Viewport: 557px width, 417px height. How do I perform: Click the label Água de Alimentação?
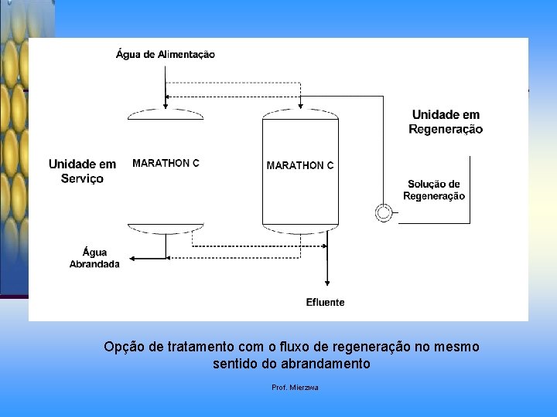coord(165,54)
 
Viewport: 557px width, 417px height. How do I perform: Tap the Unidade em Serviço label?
coord(82,171)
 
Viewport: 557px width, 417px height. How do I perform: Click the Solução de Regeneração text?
coord(433,190)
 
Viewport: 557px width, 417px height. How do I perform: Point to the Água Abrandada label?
coord(94,258)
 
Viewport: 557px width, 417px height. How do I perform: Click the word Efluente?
coord(326,302)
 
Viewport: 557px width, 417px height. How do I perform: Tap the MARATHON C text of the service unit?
coord(166,163)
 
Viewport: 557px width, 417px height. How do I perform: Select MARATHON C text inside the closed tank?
coord(300,165)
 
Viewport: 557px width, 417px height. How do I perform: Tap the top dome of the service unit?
coord(166,114)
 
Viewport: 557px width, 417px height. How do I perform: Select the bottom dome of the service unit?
coord(166,229)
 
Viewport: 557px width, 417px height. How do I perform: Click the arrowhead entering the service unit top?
coord(166,104)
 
